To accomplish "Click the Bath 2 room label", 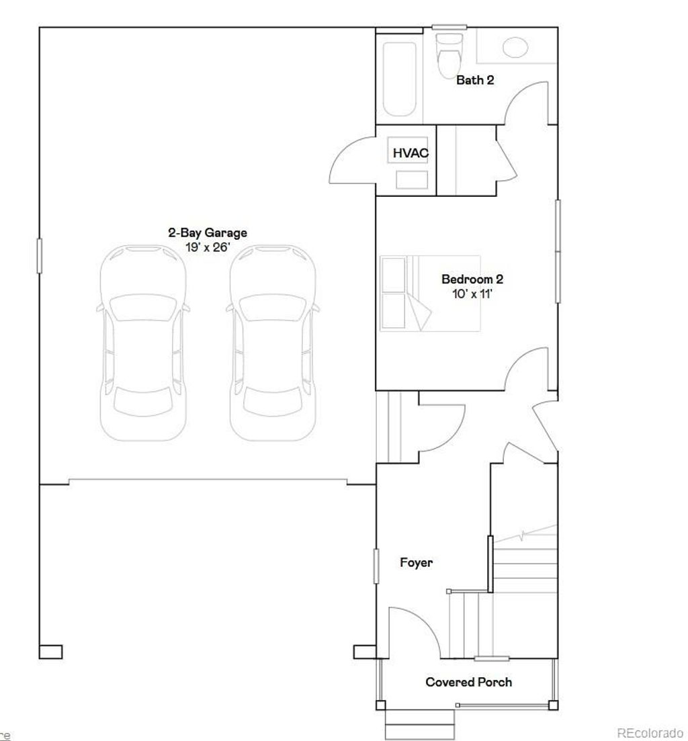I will click(x=475, y=81).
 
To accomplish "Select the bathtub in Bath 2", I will click(x=399, y=79).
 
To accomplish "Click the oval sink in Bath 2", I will click(x=515, y=47).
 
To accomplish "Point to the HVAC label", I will click(x=410, y=154).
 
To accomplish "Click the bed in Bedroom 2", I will click(x=430, y=293).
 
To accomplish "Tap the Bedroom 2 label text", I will click(x=472, y=279).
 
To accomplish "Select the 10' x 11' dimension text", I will click(x=472, y=294).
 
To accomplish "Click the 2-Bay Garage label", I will click(x=207, y=233).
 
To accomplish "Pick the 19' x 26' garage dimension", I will click(x=207, y=247).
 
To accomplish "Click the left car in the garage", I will click(x=142, y=343).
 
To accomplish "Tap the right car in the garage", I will click(x=273, y=343).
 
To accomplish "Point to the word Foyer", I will click(x=416, y=563).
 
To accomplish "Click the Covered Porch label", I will click(x=468, y=683).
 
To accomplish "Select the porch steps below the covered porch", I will click(x=420, y=725).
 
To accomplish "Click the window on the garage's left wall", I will click(x=39, y=256).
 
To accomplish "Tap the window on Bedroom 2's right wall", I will click(x=557, y=251).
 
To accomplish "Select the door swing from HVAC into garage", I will click(x=351, y=160).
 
